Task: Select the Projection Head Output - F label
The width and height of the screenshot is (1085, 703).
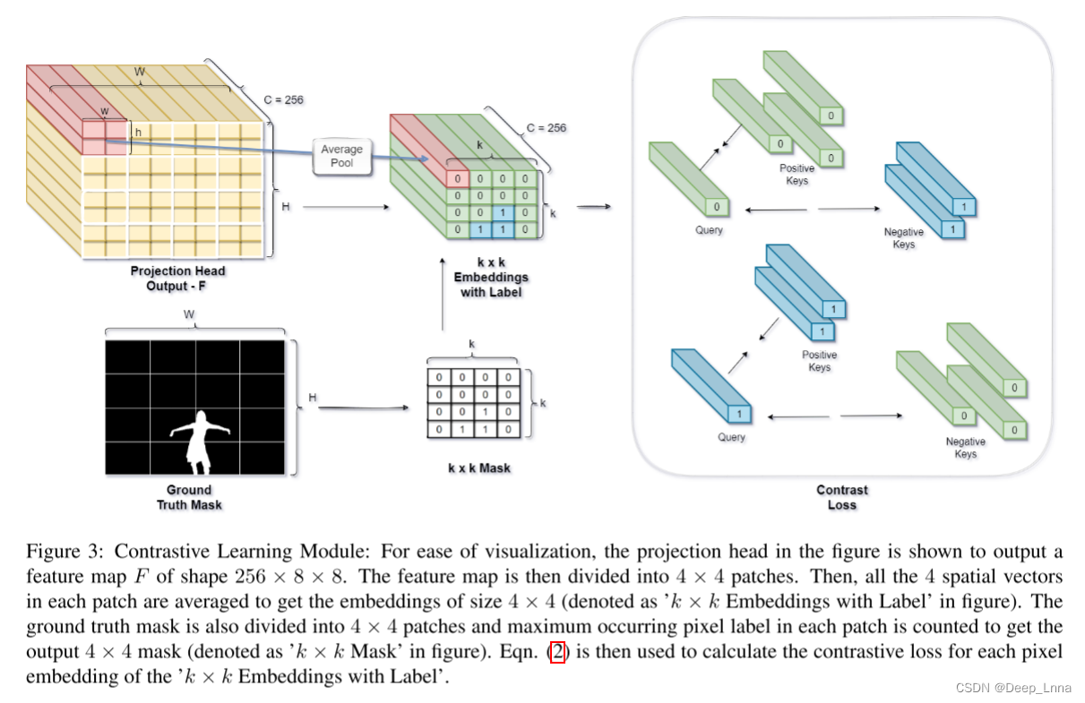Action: point(177,278)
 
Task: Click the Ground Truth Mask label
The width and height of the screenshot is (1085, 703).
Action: point(189,497)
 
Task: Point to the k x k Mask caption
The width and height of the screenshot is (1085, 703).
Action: point(479,467)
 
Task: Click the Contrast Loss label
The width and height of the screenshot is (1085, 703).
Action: point(841,497)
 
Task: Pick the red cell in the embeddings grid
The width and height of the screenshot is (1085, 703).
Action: point(456,179)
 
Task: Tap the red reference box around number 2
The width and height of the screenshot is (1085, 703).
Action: point(557,652)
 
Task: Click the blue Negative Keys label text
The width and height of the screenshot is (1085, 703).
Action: point(903,238)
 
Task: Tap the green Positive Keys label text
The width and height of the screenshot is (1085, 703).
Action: point(797,175)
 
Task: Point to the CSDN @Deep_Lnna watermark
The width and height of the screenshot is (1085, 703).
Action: point(1012,688)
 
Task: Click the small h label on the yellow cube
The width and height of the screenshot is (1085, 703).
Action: point(138,133)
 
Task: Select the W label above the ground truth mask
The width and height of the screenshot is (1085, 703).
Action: point(189,314)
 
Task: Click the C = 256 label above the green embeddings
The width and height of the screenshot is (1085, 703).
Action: point(546,127)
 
